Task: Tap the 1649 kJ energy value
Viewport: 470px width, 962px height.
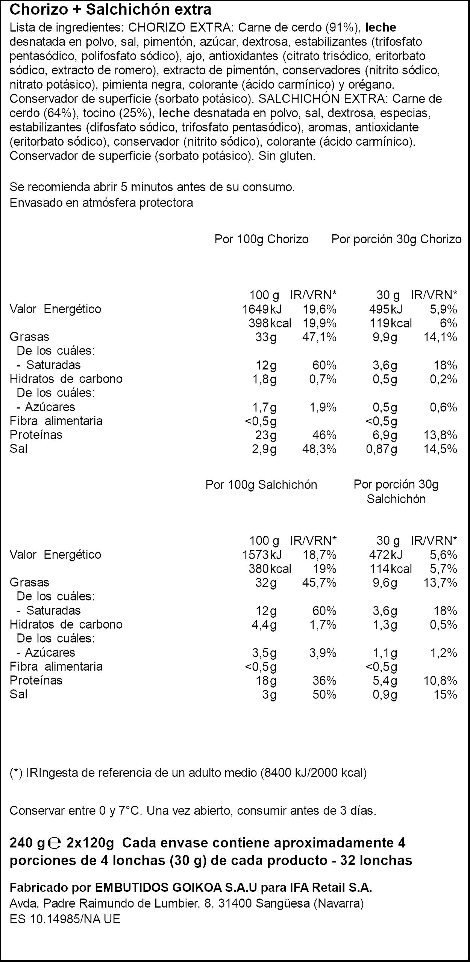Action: (262, 309)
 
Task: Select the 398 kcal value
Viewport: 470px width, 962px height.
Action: (270, 323)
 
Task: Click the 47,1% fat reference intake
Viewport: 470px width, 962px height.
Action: (319, 337)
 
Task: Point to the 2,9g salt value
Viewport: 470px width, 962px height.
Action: (264, 449)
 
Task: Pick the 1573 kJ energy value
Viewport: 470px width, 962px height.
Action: (262, 555)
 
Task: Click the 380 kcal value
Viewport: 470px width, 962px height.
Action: (270, 569)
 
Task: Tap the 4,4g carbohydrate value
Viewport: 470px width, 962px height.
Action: (264, 625)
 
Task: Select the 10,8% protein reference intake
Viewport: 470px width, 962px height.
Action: (440, 681)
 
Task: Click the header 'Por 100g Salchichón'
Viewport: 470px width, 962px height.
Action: (261, 485)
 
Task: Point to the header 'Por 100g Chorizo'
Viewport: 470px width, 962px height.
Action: (261, 239)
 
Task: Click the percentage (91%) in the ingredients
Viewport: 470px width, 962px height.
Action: (343, 28)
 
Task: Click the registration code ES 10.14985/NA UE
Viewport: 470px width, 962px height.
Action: (65, 916)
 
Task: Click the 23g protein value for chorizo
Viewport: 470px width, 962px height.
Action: (266, 435)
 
